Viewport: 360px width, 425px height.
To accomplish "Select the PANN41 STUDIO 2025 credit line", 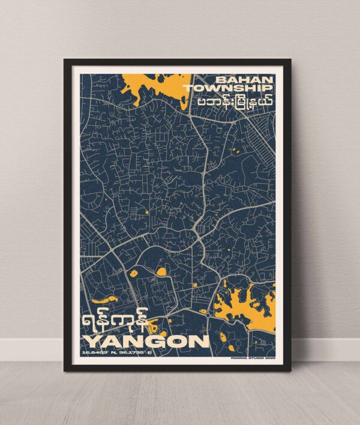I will point(252,355).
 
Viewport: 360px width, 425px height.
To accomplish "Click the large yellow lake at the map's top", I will point(153,84).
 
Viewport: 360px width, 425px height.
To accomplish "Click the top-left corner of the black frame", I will point(65,59).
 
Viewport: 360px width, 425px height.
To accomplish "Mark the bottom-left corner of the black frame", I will point(65,370).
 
